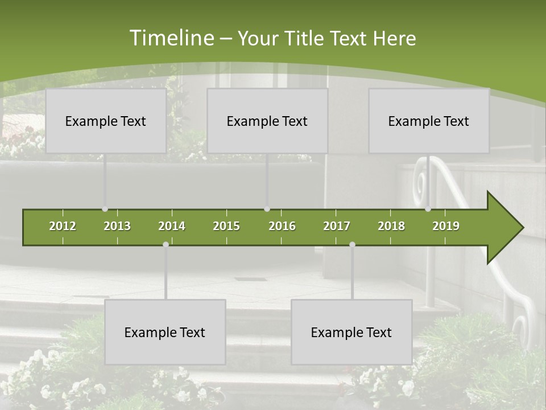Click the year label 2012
point(63,226)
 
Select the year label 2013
point(117,226)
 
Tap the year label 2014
point(172,226)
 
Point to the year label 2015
point(226,226)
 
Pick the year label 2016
point(282,226)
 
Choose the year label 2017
point(337,226)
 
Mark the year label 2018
point(391,226)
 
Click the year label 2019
point(446,226)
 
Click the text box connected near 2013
point(106,121)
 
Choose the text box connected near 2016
point(267,121)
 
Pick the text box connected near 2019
point(429,121)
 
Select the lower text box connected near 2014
point(165,332)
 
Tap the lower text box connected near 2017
point(351,332)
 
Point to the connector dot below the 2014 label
point(166,244)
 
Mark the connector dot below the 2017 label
point(352,244)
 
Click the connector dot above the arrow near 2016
point(267,209)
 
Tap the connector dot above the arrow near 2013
point(105,209)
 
